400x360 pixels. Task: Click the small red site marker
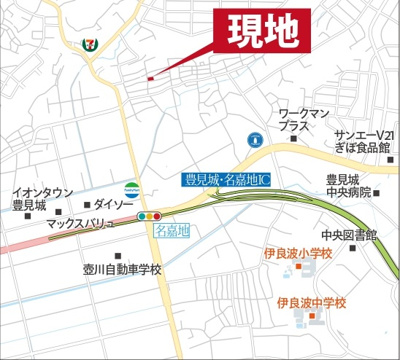[x=149, y=78]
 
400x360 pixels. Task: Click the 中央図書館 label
[x=355, y=236]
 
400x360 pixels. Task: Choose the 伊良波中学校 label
[x=311, y=302]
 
